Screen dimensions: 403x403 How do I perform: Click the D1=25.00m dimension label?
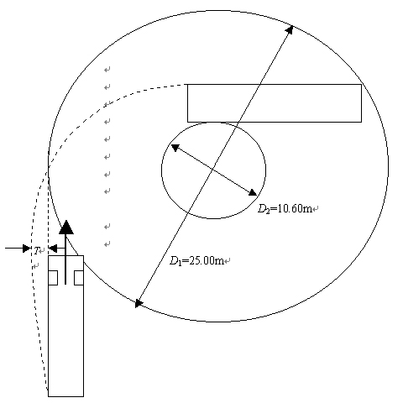tap(196, 261)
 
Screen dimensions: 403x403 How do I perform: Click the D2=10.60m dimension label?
tap(285, 208)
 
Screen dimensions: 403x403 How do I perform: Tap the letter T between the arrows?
tap(36, 250)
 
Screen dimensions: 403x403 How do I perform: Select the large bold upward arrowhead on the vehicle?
tap(66, 227)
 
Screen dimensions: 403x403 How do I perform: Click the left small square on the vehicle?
tap(53, 278)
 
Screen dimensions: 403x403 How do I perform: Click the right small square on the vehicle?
tap(79, 278)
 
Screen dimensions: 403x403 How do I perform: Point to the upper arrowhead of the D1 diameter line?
tap(290, 29)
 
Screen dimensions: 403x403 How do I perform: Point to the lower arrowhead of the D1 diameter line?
tap(139, 303)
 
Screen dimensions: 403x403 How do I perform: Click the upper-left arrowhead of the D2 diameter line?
tap(175, 148)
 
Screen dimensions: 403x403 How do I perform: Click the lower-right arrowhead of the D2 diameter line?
tap(253, 192)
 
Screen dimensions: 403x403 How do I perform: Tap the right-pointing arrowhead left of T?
tap(27, 249)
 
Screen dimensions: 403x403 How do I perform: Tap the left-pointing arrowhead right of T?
tap(53, 249)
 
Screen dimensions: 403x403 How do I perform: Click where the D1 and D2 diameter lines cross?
tap(213, 170)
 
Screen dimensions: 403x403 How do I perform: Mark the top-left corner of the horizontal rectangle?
tap(187, 84)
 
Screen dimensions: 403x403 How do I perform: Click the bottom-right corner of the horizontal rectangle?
tap(361, 122)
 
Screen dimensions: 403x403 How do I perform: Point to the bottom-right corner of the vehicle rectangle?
tap(83, 396)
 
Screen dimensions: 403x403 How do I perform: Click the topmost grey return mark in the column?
tap(107, 70)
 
